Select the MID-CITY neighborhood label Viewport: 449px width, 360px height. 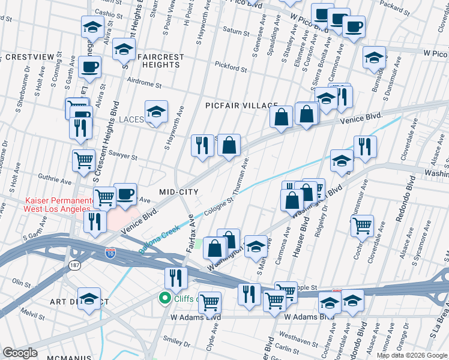coord(178,191)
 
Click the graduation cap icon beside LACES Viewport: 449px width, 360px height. coord(156,112)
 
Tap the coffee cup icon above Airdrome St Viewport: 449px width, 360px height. coord(90,66)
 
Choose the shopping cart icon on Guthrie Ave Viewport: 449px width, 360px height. coord(83,160)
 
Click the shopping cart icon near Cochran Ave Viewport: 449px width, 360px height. coord(363,226)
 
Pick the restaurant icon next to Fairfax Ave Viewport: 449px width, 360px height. coord(176,277)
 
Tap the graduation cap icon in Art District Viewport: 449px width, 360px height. coord(90,299)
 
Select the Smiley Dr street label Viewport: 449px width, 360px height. coord(180,344)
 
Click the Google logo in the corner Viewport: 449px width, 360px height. coord(20,353)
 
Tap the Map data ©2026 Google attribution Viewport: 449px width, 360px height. coord(411,355)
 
